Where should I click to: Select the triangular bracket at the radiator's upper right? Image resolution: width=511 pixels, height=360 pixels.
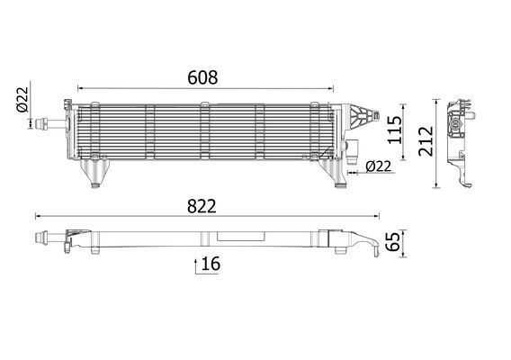[360, 115]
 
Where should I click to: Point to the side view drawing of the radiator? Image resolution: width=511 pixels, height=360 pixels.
[461, 139]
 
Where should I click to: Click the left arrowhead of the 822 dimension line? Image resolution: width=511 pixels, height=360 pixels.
[38, 216]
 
